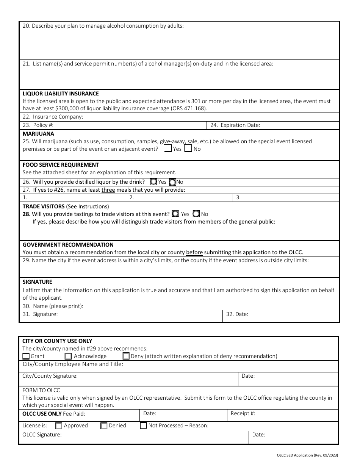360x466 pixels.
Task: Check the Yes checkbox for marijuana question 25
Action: pyautogui.click(x=168, y=149)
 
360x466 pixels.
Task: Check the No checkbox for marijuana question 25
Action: pyautogui.click(x=188, y=149)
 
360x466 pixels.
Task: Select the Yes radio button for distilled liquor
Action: pyautogui.click(x=153, y=182)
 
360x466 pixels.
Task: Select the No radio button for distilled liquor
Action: pyautogui.click(x=172, y=182)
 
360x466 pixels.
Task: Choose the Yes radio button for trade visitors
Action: pyautogui.click(x=175, y=214)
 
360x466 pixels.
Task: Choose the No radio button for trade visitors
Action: pyautogui.click(x=196, y=214)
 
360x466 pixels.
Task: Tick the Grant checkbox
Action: pyautogui.click(x=26, y=356)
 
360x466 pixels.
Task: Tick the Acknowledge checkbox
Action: pyautogui.click(x=68, y=356)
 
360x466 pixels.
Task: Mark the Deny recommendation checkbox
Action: pyautogui.click(x=126, y=356)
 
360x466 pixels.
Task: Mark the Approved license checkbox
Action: pyautogui.click(x=59, y=426)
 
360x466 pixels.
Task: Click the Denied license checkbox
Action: pyautogui.click(x=104, y=426)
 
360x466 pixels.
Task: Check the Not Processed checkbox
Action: pyautogui.click(x=144, y=426)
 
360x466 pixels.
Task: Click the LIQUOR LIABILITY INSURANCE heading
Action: pyautogui.click(x=61, y=94)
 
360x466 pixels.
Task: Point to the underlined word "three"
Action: pyautogui.click(x=108, y=190)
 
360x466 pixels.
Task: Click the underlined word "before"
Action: pyautogui.click(x=194, y=252)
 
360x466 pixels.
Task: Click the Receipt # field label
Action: pyautogui.click(x=243, y=413)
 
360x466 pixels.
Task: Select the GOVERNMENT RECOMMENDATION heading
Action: pyautogui.click(x=68, y=245)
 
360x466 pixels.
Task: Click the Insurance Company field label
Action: pyautogui.click(x=53, y=117)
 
